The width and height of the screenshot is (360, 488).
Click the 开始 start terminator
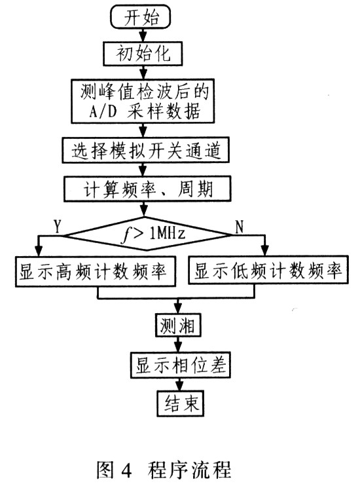141,16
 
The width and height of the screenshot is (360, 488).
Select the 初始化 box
143,54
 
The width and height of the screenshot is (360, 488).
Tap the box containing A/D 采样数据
143,101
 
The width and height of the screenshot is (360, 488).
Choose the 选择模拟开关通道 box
145,150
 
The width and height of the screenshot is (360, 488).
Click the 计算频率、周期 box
147,189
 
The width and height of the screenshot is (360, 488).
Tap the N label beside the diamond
239,227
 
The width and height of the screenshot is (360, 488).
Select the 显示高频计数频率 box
96,271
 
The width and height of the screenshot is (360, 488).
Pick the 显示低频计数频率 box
268,270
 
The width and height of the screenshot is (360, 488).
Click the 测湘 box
178,326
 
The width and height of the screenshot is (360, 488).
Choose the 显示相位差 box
180,365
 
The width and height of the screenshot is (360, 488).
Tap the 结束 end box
180,404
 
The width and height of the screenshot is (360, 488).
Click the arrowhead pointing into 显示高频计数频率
38,250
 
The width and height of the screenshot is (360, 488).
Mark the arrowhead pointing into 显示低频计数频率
264,250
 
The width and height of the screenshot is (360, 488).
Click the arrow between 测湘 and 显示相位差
178,345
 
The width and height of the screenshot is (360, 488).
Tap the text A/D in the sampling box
102,111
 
